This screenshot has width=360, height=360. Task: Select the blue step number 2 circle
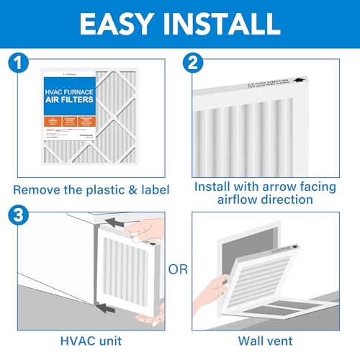[x=193, y=63]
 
